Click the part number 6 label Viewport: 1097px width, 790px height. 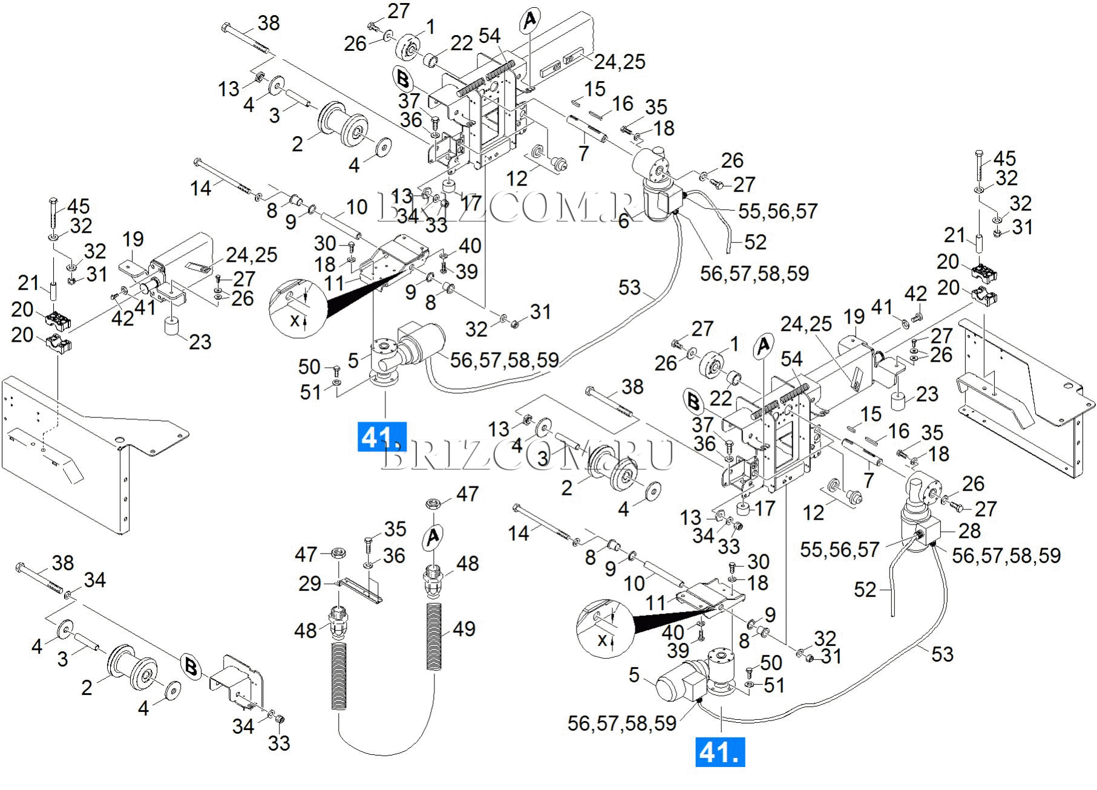624,221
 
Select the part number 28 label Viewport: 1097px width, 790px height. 969,530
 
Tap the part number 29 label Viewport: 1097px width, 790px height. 310,584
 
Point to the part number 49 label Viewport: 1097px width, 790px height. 464,629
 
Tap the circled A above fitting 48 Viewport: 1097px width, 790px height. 433,537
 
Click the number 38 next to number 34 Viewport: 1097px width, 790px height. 63,563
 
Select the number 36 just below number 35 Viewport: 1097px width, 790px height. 394,555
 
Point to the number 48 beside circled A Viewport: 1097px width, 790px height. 468,564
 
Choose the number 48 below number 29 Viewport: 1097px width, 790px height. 306,630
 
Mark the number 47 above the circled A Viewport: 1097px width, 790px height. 467,494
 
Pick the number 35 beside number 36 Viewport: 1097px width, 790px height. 395,529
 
